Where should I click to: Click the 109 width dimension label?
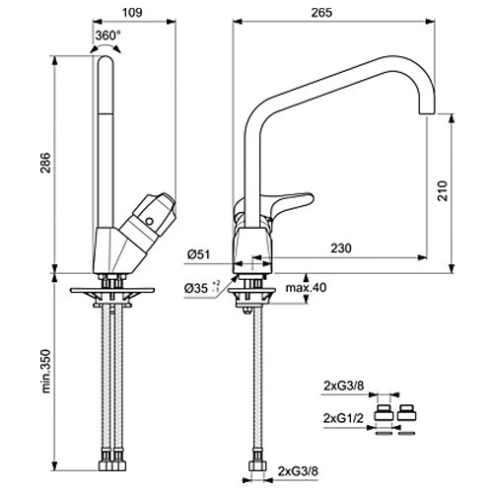(132, 12)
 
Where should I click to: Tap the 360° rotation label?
(108, 35)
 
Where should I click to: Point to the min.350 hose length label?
(46, 371)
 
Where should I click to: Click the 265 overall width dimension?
(321, 12)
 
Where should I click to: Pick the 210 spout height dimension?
(443, 191)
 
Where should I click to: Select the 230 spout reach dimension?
(341, 247)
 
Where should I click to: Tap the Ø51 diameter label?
(198, 254)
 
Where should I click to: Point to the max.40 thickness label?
(306, 288)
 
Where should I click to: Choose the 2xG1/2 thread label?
(343, 418)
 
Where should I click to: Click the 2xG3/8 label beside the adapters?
(344, 386)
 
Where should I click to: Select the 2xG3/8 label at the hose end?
(298, 471)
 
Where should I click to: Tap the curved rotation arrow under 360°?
(106, 46)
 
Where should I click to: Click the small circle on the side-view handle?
(150, 221)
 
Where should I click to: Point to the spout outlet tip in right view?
(427, 114)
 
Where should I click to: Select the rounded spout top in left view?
(106, 60)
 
